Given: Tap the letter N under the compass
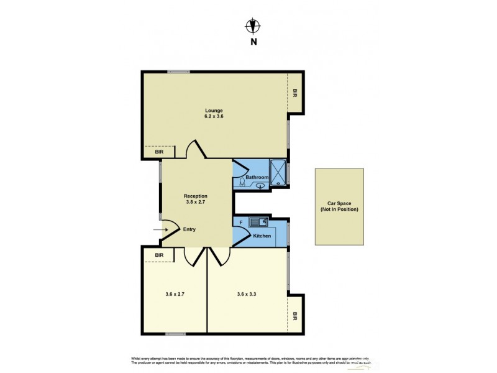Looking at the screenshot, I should coord(252,42).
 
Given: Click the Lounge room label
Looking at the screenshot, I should coord(214,111).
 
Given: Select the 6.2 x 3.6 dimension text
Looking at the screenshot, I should coord(214,116).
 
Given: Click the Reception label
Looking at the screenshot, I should coord(195,196).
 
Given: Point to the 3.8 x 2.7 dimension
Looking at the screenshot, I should coord(195,201).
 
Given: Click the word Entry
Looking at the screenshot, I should coord(189,229).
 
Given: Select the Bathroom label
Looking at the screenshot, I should coord(257,177).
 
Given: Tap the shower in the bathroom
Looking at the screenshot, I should coord(278,173).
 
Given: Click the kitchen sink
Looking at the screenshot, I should coord(258,221).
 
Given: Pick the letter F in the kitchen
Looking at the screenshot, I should coord(240,222).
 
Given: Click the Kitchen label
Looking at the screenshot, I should coord(261,236).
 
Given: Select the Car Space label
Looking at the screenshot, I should coord(339,206).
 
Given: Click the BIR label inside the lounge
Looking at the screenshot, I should coord(159,152).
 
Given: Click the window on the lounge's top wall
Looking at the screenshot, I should coord(178,71).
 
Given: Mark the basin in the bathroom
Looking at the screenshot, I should coord(259,185).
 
